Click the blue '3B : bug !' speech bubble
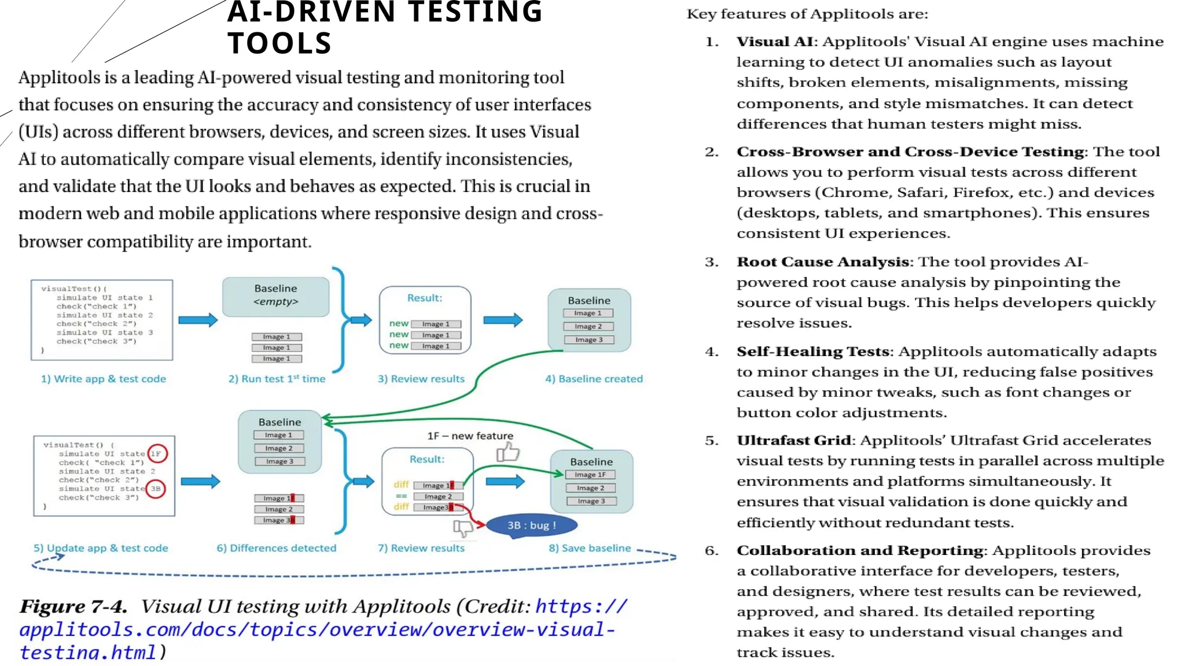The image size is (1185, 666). pos(531,525)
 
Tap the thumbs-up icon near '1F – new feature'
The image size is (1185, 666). pos(508,452)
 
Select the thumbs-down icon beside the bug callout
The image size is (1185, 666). pos(463,527)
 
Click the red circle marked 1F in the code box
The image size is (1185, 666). pos(157,453)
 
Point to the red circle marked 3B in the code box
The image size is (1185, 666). pos(156,489)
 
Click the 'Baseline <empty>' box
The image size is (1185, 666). pos(276,296)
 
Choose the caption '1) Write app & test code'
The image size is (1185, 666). pos(104,379)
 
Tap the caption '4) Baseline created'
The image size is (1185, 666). pos(594,379)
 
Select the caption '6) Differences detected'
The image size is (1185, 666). pos(276,547)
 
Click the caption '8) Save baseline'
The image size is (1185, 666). pos(590,547)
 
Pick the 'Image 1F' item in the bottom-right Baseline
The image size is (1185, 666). pos(590,475)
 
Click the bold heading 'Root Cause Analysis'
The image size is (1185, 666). pos(822,262)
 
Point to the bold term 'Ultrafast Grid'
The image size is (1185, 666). pos(793,441)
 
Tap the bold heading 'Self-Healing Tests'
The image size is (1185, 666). pos(812,351)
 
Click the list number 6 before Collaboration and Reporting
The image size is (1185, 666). pos(711,550)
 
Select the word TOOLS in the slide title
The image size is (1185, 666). pos(279,43)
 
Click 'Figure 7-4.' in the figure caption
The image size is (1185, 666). pos(73,606)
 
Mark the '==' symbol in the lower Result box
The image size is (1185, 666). pos(401,496)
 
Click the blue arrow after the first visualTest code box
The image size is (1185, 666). pos(198,320)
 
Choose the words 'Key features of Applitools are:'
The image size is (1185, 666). pos(807,14)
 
